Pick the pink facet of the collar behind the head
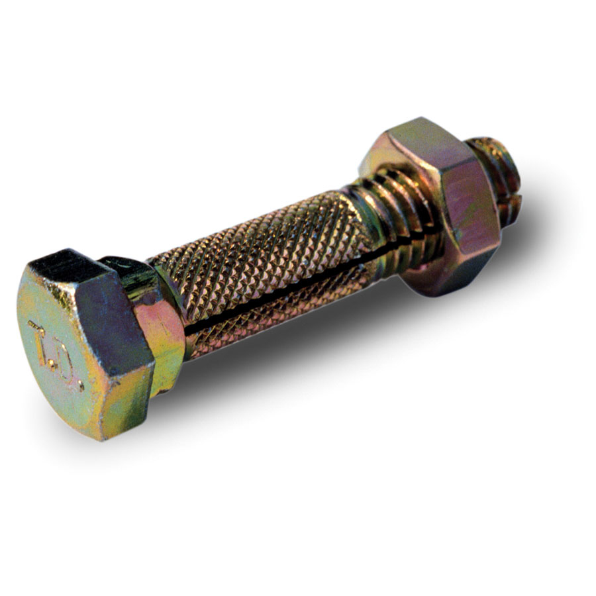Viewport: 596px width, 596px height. [x=162, y=344]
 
